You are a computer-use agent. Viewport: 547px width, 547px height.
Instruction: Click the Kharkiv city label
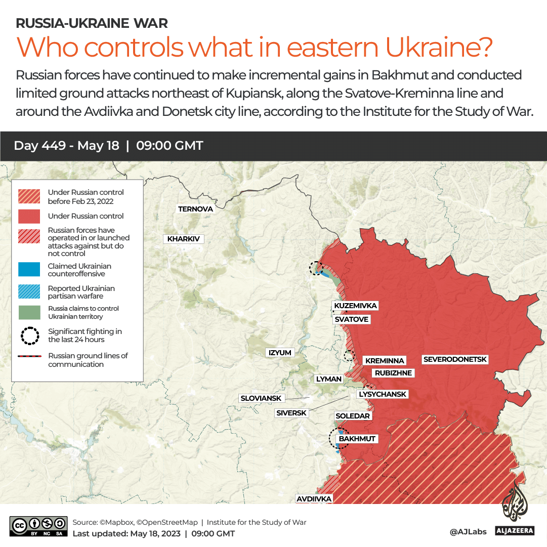(x=183, y=239)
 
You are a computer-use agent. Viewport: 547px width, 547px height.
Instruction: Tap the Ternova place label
(x=195, y=208)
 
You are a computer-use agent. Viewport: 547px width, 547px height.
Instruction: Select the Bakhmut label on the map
(x=357, y=439)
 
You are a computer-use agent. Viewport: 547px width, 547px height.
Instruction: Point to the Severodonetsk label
(x=455, y=359)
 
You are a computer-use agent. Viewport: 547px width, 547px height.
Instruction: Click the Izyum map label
(x=280, y=352)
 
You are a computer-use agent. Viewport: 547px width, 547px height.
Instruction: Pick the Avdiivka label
(x=314, y=498)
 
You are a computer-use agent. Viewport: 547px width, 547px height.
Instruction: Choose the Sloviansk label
(x=261, y=398)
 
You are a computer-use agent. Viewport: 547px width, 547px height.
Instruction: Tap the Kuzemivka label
(x=356, y=306)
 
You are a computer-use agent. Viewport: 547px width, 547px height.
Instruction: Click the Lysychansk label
(x=382, y=394)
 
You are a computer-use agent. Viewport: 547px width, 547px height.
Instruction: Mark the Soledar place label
(x=353, y=415)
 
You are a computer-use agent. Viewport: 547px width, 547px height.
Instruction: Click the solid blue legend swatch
(x=30, y=270)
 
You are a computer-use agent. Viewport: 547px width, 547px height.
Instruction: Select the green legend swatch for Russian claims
(x=30, y=313)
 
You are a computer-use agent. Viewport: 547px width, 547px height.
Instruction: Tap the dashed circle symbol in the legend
(x=30, y=335)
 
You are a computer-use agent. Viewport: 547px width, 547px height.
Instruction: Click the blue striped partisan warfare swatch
(x=30, y=292)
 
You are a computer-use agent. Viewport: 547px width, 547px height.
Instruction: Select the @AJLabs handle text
(x=468, y=532)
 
